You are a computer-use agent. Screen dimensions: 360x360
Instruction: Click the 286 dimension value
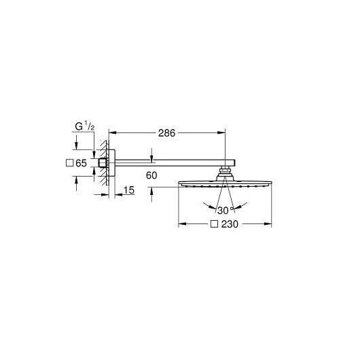166,133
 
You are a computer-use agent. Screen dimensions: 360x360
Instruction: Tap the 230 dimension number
230,224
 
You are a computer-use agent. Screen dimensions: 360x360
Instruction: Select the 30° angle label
225,211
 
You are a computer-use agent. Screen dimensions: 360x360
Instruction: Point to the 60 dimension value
151,176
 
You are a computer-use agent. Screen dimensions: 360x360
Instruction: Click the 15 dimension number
129,190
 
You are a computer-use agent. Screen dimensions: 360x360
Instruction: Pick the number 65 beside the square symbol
81,163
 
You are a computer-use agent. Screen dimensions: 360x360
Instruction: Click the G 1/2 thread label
85,126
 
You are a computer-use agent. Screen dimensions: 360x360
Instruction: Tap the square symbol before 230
214,224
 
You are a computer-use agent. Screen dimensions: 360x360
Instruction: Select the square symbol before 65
69,163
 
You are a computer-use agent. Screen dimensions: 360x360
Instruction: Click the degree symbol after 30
232,209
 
